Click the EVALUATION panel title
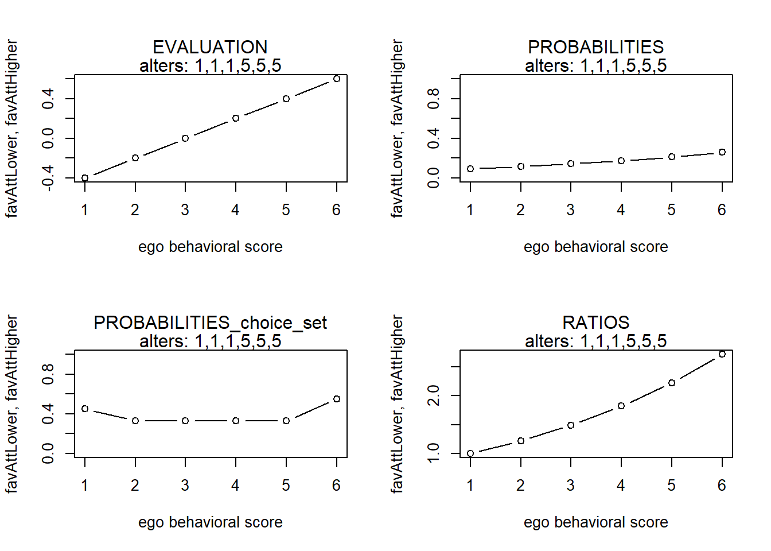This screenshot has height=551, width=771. [x=210, y=47]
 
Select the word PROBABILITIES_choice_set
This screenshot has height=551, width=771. [x=210, y=323]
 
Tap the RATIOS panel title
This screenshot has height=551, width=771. [x=596, y=323]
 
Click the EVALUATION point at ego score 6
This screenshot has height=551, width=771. [x=337, y=79]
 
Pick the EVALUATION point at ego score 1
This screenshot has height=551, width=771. [x=85, y=178]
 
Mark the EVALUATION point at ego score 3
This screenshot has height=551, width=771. [x=185, y=138]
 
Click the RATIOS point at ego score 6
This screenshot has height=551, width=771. [x=722, y=354]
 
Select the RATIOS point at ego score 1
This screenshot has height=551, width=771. [x=470, y=453]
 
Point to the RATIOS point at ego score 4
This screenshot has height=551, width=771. [x=621, y=406]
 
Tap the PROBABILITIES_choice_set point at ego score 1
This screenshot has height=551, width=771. [x=85, y=409]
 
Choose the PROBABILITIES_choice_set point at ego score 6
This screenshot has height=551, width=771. [x=337, y=399]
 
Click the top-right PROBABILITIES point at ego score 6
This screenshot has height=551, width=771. [x=722, y=152]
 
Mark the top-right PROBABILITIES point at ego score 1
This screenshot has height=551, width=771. [x=470, y=168]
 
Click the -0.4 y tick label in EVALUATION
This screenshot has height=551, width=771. [x=48, y=178]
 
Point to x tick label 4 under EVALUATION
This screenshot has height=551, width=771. [x=235, y=209]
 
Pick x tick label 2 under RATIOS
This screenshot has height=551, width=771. [x=520, y=485]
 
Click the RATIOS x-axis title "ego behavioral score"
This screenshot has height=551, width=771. [x=596, y=522]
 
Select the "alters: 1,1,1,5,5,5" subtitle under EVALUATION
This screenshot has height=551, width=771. [x=211, y=65]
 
